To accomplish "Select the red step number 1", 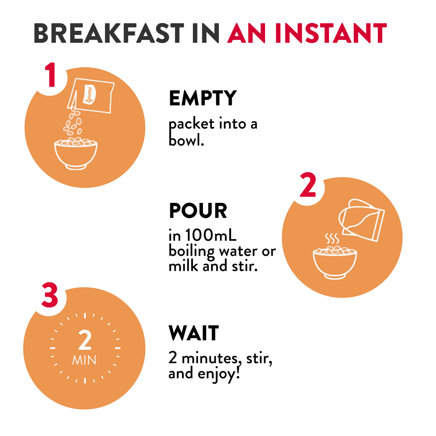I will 51,75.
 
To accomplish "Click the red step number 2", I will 308,185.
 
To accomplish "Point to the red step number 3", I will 50,295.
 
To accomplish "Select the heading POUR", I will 198,211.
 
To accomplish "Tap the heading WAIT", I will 194,333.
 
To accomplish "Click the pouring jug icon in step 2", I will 361,219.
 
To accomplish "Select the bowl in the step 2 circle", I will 335,263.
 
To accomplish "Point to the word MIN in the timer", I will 84,360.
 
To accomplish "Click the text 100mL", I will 211,235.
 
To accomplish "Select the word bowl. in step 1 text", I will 186,140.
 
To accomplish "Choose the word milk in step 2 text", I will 183,266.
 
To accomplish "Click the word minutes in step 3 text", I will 210,358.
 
